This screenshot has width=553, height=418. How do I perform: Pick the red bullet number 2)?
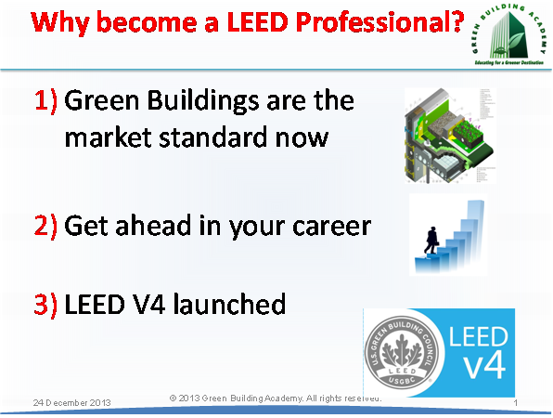click(47, 226)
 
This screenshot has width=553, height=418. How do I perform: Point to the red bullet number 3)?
click(47, 304)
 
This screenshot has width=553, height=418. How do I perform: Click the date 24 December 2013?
click(71, 403)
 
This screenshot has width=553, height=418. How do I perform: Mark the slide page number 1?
click(515, 403)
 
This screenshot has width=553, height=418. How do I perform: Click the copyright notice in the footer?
click(275, 398)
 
